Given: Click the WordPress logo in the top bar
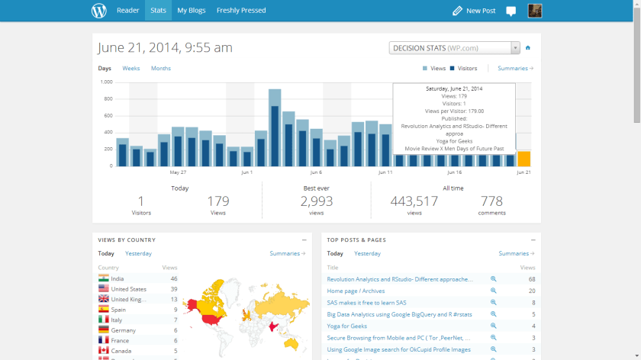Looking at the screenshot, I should (x=99, y=11).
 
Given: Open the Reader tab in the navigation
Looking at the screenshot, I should (x=127, y=11).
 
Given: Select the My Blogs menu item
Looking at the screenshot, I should (x=192, y=11).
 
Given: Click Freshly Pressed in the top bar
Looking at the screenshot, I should (x=241, y=11).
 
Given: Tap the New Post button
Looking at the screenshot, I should (x=474, y=11).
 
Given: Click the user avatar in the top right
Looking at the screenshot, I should (x=535, y=11).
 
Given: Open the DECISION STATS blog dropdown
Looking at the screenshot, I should (x=454, y=48).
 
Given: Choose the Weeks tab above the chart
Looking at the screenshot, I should (x=131, y=69).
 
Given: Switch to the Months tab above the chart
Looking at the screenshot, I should (x=161, y=69).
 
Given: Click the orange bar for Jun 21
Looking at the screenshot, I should (x=523, y=159).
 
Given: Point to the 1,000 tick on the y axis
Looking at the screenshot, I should (x=106, y=82).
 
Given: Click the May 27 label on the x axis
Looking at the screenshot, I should (x=178, y=172).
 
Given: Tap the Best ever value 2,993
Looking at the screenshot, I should (x=316, y=201).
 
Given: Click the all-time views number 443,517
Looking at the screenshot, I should (x=414, y=201).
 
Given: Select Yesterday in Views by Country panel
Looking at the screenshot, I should (x=138, y=253).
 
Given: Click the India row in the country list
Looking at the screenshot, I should (x=118, y=278).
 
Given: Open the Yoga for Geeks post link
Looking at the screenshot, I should (x=346, y=326).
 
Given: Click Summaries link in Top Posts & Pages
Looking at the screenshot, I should (x=516, y=253).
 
